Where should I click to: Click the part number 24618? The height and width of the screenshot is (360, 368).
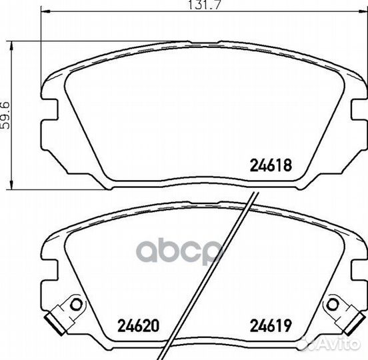[x=271, y=165]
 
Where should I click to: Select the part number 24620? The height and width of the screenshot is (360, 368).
[x=138, y=325]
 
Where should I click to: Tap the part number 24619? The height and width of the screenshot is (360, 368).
[x=271, y=325]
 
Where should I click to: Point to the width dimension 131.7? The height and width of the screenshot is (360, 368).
[x=205, y=5]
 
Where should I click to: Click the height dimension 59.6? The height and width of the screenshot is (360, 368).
[x=5, y=115]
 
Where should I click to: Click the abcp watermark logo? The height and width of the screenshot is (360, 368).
[x=179, y=251]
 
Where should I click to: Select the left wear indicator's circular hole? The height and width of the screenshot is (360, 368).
[x=76, y=305]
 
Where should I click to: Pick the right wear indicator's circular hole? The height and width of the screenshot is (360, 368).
[x=332, y=305]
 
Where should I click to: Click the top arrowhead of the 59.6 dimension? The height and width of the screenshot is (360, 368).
[x=11, y=46]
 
